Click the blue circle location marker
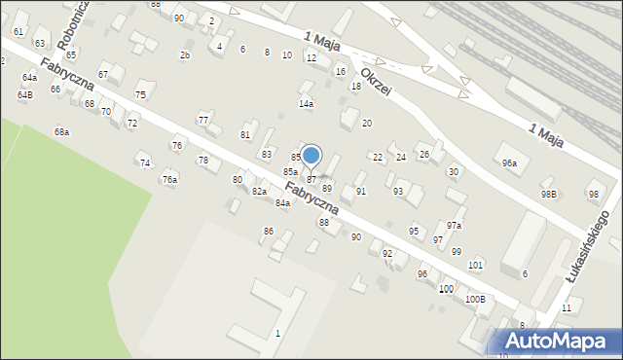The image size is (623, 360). (311, 155)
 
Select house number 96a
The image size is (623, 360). (509, 162)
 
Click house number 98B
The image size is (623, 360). (550, 194)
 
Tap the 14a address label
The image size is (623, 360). (306, 103)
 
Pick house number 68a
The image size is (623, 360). (61, 131)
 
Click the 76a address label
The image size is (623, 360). (170, 180)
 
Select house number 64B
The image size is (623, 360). (24, 94)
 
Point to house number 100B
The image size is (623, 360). (475, 299)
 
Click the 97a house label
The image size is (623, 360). (455, 225)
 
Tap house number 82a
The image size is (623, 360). (259, 192)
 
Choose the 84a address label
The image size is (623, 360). (282, 202)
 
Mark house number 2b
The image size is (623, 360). (185, 54)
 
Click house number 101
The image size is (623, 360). (475, 265)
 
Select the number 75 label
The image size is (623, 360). (140, 94)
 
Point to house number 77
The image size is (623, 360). (203, 120)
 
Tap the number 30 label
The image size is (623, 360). (453, 171)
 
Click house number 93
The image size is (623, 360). (397, 191)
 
